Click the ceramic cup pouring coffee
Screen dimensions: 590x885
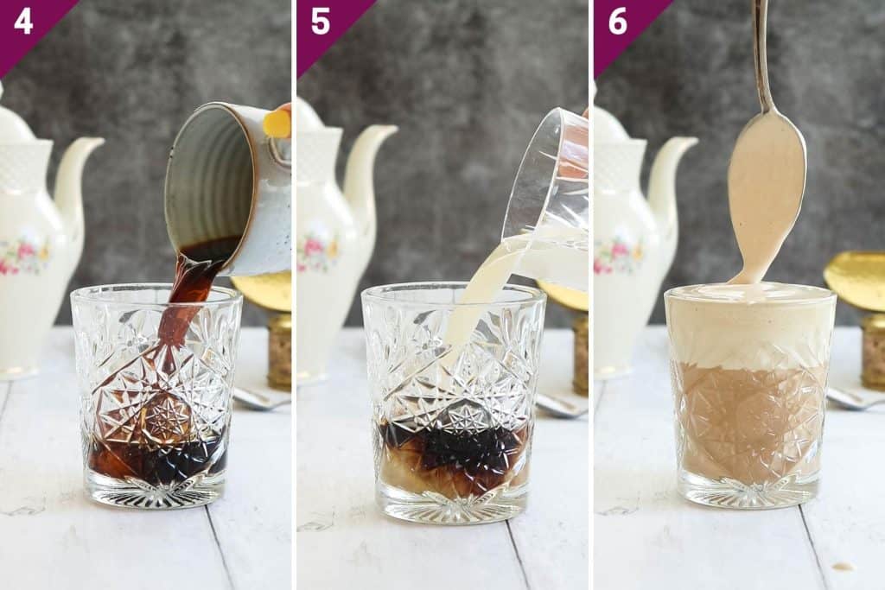pos(226,186)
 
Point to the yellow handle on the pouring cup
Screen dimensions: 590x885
pos(278,123)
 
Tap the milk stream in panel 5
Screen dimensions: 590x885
pos(475,302)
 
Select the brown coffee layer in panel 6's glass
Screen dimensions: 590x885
pos(749,423)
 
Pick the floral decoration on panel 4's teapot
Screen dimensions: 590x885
pos(24,255)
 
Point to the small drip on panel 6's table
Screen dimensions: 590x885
pos(840,567)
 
